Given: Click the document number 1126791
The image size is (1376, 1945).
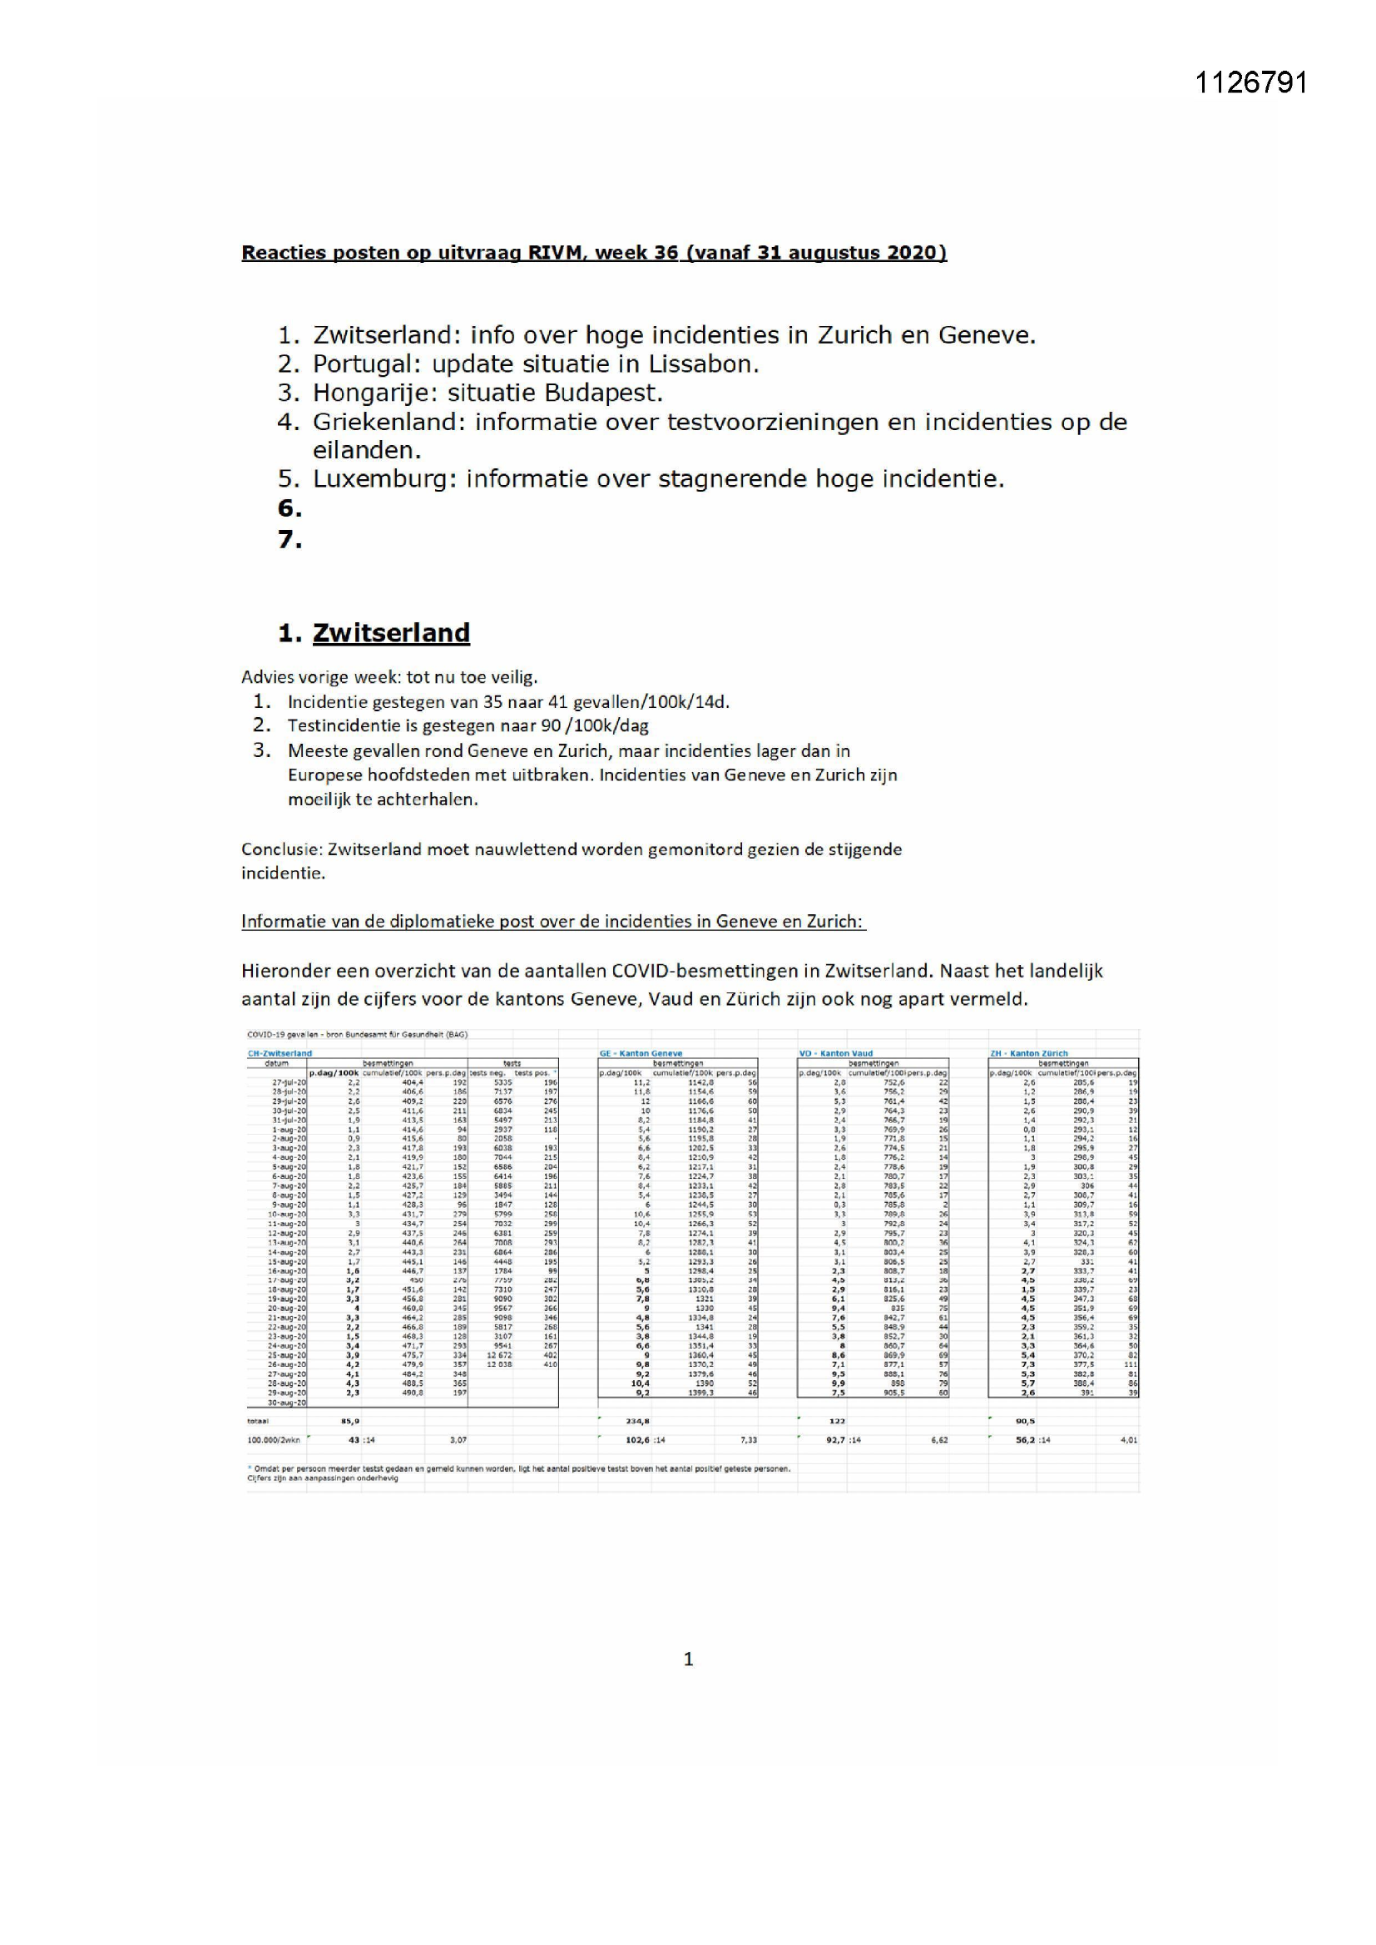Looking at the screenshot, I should tap(1250, 83).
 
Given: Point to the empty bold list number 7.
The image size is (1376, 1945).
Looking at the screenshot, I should tap(290, 539).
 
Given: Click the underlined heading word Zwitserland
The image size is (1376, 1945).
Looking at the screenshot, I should tap(391, 633).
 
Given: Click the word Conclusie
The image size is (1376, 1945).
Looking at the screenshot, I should tap(280, 849).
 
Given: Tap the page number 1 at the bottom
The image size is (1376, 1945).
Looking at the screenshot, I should tap(688, 1659).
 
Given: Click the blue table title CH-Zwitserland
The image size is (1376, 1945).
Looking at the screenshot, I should tap(280, 1053).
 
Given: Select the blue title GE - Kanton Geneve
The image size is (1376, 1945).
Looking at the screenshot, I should tap(641, 1053).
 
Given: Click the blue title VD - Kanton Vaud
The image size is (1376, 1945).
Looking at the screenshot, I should tap(835, 1053).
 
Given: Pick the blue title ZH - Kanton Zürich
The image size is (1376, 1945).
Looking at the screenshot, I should tap(1028, 1053).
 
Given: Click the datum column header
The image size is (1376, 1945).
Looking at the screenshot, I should tap(277, 1062).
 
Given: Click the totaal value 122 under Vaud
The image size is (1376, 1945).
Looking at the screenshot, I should tap(835, 1421).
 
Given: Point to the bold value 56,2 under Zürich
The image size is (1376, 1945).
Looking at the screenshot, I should tap(1026, 1439).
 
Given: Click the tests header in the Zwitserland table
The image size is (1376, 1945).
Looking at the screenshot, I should tap(512, 1062).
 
